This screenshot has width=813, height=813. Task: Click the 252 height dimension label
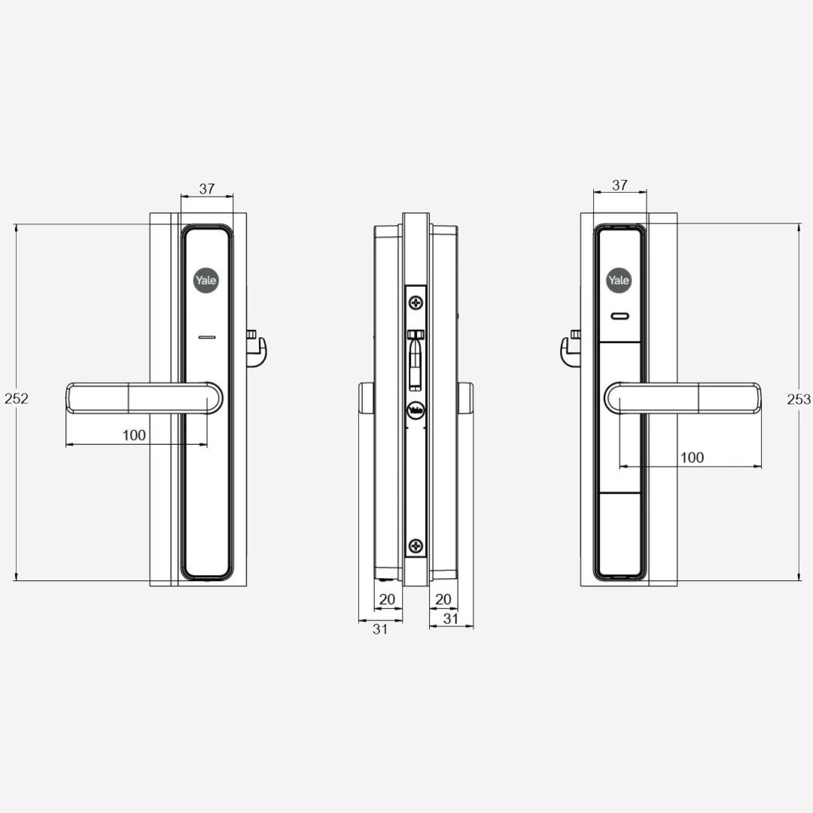tap(16, 399)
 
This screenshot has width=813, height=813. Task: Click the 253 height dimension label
tap(799, 400)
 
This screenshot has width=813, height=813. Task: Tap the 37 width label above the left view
tap(207, 189)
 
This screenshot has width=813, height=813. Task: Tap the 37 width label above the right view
tap(620, 185)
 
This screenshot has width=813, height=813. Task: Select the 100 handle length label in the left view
tap(134, 435)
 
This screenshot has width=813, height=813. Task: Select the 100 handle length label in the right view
tap(692, 458)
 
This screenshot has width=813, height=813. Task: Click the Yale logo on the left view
tap(206, 281)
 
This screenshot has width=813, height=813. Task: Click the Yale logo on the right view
tap(619, 281)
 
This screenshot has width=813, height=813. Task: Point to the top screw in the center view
tap(416, 303)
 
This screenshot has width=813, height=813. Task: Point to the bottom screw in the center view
tap(416, 546)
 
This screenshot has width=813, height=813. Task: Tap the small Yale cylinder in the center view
tap(415, 411)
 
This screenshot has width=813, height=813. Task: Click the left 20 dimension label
tap(387, 599)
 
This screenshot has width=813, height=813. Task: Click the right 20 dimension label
tap(444, 599)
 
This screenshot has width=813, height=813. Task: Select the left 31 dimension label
tap(380, 629)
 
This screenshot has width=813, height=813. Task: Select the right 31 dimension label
tap(451, 619)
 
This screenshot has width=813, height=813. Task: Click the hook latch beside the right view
tap(570, 349)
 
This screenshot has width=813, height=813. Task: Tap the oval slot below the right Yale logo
tap(619, 317)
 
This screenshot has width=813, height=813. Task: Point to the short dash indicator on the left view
tap(207, 336)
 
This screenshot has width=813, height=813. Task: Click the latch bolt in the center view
tap(415, 361)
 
